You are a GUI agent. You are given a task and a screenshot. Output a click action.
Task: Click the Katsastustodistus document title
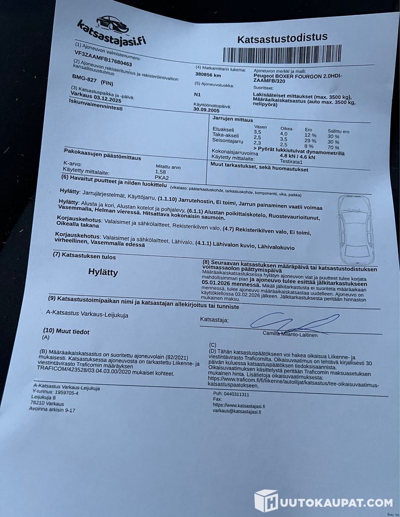pyautogui.click(x=282, y=38)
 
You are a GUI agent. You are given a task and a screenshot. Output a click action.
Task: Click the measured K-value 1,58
pyautogui.click(x=161, y=171)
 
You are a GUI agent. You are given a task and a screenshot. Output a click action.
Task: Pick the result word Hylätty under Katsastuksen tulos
pyautogui.click(x=103, y=272)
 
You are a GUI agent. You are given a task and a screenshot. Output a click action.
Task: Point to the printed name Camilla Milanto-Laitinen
pyautogui.click(x=290, y=334)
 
